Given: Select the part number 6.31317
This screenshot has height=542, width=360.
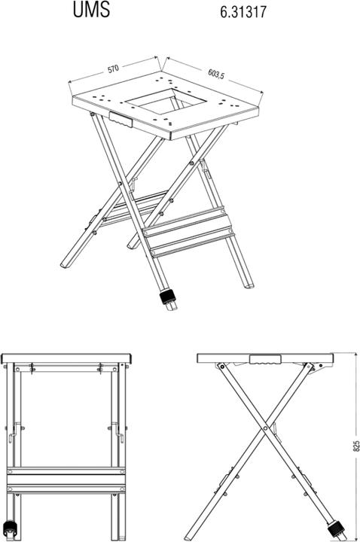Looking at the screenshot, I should (244, 12).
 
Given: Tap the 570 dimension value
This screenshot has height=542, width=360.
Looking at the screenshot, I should (114, 69).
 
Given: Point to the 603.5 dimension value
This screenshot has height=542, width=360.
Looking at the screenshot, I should (218, 73).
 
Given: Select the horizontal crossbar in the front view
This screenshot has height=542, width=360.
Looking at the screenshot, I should (66, 480).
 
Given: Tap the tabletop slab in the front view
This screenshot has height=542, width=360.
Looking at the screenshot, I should (66, 357).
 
